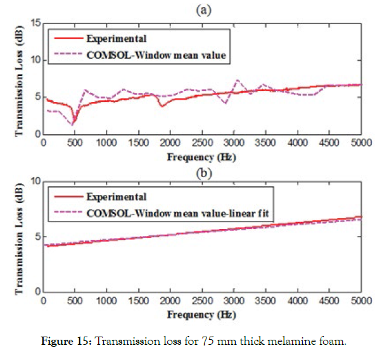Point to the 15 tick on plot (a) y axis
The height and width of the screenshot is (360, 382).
[35, 23]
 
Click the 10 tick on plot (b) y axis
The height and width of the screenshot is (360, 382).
[35, 181]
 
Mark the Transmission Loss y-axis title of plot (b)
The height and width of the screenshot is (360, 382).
[20, 237]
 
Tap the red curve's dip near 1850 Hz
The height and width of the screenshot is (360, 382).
[162, 106]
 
